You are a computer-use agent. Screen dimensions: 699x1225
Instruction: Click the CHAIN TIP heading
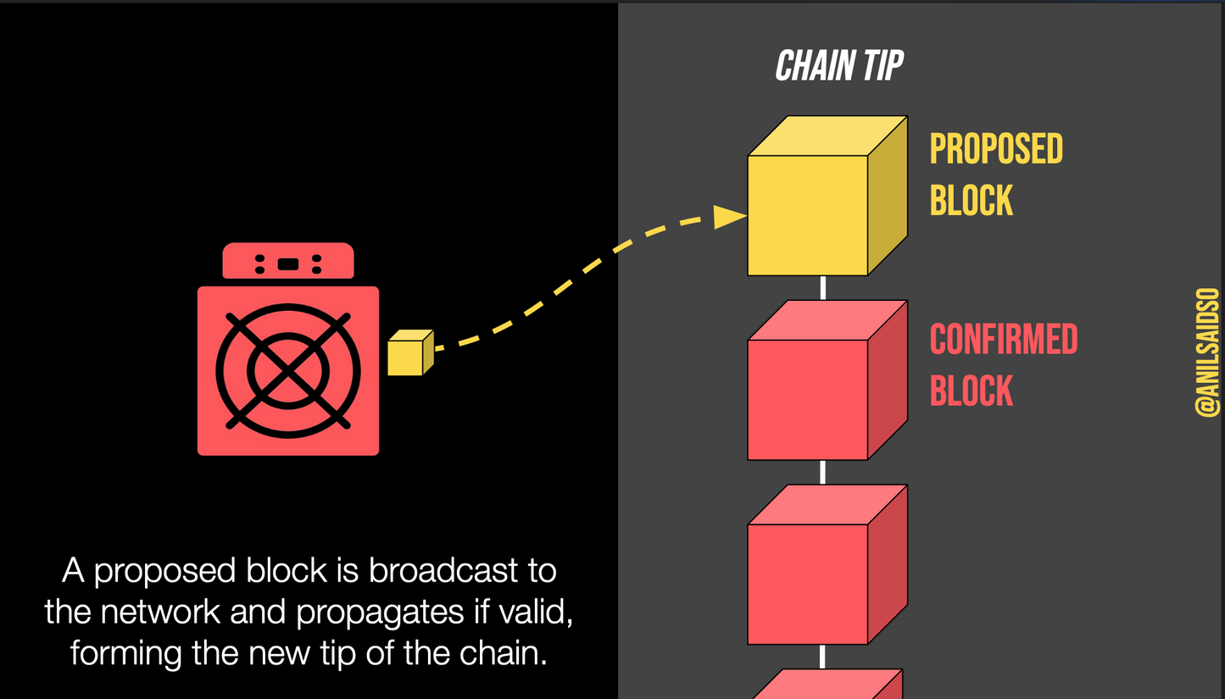[x=839, y=66]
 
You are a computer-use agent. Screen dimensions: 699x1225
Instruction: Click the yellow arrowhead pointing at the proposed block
[x=727, y=217]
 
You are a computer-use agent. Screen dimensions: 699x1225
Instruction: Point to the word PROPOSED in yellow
[x=996, y=149]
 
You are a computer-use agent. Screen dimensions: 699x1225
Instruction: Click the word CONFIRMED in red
[x=1003, y=340]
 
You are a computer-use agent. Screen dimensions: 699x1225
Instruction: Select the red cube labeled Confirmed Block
[x=809, y=398]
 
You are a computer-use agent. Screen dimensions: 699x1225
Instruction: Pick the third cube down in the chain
[x=809, y=583]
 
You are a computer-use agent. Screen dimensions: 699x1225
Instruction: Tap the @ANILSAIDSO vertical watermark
[x=1207, y=352]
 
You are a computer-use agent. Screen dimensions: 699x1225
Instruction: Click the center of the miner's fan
[x=288, y=370]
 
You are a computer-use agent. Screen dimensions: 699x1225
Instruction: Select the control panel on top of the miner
[x=288, y=262]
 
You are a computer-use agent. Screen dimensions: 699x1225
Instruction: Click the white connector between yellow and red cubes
[x=822, y=287]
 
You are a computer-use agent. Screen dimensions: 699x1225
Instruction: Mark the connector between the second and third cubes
[x=822, y=472]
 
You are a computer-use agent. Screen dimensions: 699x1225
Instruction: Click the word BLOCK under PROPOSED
[x=971, y=201]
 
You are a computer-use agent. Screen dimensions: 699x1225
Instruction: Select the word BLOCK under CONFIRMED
[x=971, y=391]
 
